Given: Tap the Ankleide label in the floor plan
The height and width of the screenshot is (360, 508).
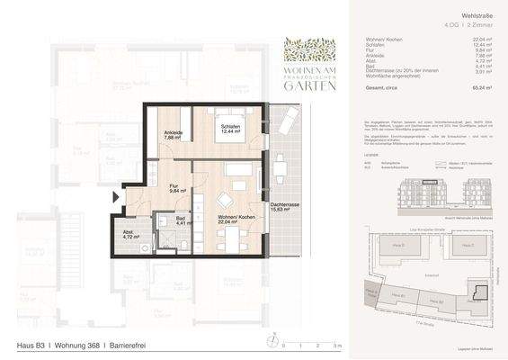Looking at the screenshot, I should coord(174,136).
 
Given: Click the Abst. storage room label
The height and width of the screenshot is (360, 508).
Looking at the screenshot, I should coord(131,236).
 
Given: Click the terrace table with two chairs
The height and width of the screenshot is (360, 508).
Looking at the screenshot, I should coord(278,166).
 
